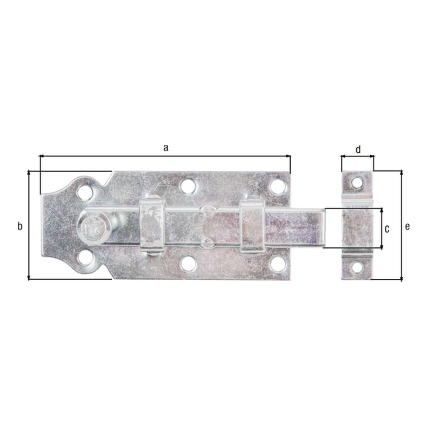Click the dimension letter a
point(166,147)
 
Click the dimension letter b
point(20,226)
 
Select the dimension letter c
point(387,229)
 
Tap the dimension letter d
point(358,149)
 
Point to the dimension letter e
point(407,226)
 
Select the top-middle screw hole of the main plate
point(188,186)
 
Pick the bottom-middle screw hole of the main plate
point(189,264)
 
